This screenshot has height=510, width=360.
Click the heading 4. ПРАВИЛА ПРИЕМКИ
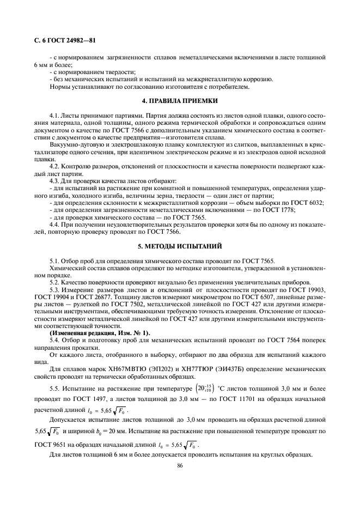click(x=180, y=101)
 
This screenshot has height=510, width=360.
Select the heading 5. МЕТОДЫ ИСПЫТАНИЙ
click(x=180, y=246)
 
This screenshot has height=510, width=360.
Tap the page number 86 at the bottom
click(x=180, y=465)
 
